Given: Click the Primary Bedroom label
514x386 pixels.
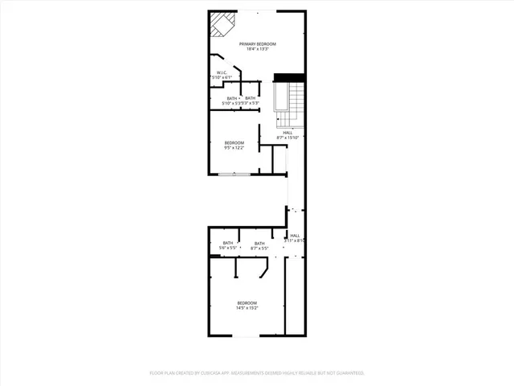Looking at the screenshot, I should click(257, 43).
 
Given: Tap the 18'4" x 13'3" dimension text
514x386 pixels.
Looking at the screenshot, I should click(257, 49).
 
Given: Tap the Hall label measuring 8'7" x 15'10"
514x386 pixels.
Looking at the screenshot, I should click(288, 133).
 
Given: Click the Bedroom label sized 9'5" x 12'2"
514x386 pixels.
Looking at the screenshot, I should click(234, 142).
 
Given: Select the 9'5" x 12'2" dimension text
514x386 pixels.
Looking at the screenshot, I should click(234, 148).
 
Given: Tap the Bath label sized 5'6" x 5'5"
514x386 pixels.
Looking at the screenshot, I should click(228, 243).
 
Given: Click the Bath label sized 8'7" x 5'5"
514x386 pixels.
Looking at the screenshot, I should click(259, 243).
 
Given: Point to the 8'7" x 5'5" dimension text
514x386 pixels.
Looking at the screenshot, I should click(259, 248).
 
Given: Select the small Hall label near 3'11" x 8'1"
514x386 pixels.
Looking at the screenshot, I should click(295, 235).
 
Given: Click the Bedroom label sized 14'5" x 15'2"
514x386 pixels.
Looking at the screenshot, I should click(247, 302).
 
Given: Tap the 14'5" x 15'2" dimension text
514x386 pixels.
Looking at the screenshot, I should click(247, 308).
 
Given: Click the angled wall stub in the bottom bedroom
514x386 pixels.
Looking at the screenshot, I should click(264, 273).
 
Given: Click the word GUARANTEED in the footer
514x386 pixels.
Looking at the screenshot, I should click(349, 373).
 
